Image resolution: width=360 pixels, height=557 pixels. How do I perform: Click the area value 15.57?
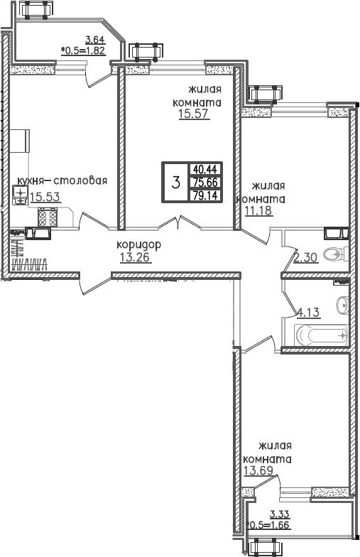[195, 114]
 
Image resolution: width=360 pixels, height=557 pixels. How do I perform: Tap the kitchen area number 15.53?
[45, 196]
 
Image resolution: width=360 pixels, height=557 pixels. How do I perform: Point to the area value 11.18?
[258, 210]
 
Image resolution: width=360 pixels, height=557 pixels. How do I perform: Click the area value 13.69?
[258, 470]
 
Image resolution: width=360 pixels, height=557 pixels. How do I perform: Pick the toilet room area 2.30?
[305, 257]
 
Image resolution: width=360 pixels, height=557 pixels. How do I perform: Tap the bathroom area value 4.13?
[308, 313]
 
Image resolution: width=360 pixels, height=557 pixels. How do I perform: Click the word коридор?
[139, 244]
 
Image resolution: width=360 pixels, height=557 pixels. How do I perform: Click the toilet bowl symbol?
[335, 254]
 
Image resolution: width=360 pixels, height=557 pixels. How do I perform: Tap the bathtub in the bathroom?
[321, 335]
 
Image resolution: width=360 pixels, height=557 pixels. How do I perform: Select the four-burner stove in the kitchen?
[48, 217]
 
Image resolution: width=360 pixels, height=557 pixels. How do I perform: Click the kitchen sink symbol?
[21, 195]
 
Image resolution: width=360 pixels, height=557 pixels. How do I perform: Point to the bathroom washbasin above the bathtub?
[342, 304]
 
